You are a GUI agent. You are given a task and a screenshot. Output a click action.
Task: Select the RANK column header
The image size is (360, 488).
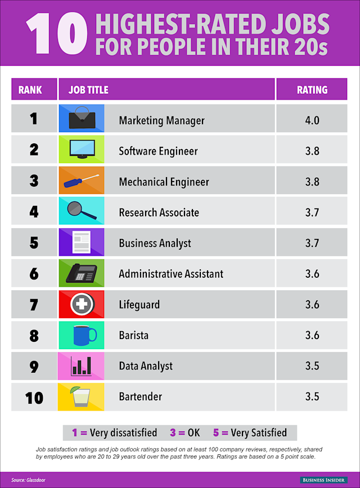click(34, 89)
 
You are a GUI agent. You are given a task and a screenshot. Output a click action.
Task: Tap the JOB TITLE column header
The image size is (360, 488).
click(88, 89)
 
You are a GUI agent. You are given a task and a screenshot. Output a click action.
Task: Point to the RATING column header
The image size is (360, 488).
click(312, 89)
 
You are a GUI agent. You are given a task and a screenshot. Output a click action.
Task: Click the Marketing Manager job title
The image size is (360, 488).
click(161, 120)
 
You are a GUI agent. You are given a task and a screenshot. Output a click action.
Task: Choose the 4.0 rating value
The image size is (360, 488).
click(312, 120)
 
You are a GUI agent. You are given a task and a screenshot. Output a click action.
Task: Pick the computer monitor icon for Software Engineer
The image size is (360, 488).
click(82, 150)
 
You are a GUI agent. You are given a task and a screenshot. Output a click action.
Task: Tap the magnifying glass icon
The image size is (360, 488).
click(79, 211)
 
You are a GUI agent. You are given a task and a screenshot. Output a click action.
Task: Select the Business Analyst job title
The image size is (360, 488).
click(155, 243)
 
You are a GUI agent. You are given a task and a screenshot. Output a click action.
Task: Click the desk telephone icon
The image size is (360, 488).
click(81, 274)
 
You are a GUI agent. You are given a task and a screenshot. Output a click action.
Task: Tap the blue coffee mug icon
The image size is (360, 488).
click(84, 335)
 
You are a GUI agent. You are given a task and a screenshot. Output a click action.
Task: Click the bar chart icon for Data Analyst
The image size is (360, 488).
click(82, 366)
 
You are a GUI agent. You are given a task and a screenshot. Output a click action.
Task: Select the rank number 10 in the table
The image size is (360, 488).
click(34, 397)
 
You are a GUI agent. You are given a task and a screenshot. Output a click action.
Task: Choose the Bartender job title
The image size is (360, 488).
click(140, 396)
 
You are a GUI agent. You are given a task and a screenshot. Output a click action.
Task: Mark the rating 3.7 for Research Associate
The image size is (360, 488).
click(312, 213)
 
